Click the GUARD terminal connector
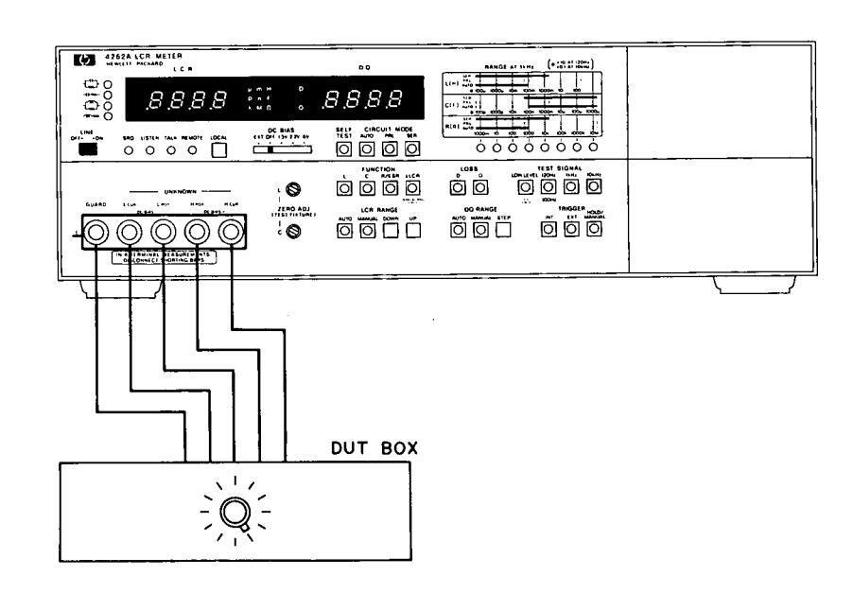(x=96, y=231)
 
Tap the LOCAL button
(x=218, y=148)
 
